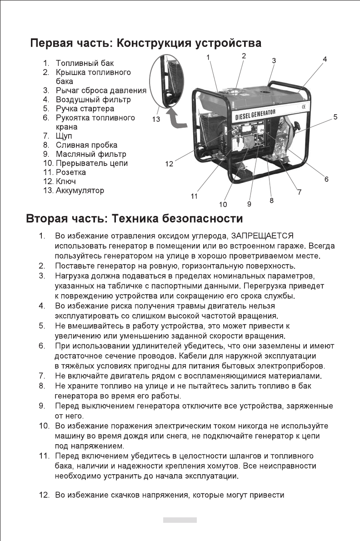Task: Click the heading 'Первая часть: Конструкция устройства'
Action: (145, 44)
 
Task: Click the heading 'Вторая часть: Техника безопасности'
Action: (134, 219)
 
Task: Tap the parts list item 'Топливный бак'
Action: (85, 63)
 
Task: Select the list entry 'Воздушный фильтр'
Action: (93, 100)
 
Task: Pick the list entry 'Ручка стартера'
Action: (85, 109)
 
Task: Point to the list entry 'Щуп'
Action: (64, 136)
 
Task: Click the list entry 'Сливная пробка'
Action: (86, 145)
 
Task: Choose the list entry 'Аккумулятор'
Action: (80, 190)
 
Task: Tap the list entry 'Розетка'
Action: (70, 172)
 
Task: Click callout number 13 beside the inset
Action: (156, 119)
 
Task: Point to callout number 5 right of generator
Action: (335, 117)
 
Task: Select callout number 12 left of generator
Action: (169, 164)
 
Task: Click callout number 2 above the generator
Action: (244, 56)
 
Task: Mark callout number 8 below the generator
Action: (271, 200)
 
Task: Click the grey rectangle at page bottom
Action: (180, 520)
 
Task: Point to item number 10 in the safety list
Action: (43, 426)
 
